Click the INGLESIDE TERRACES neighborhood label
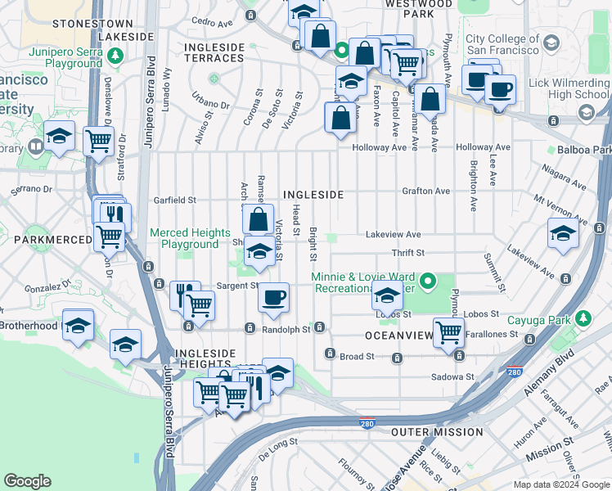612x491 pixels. point(214,52)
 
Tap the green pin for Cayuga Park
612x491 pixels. point(583,318)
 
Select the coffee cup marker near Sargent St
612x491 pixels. point(274,296)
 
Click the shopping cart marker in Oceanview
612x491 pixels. point(448,333)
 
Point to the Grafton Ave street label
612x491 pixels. point(425,191)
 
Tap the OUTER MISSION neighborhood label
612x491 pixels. point(437,432)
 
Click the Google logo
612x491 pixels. point(28,481)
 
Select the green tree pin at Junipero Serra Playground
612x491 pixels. point(116,56)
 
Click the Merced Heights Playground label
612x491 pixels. point(184,238)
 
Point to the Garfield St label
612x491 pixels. point(175,200)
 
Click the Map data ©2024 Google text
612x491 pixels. point(560,484)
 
